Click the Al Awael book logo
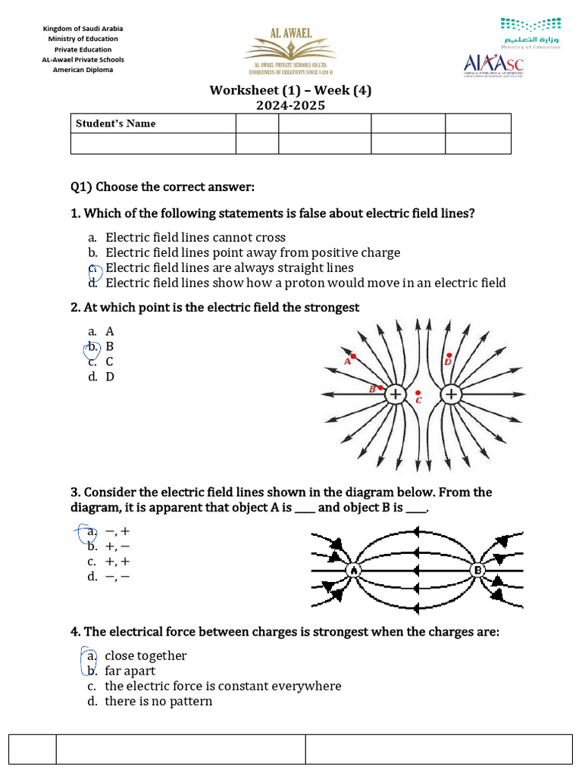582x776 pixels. (x=290, y=51)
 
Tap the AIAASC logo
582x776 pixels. (x=493, y=65)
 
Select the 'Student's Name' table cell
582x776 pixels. (x=152, y=124)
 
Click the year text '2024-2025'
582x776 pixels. (x=290, y=105)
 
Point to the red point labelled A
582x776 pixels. (x=353, y=355)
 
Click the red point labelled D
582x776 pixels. (x=449, y=355)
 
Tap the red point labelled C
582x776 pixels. (x=418, y=393)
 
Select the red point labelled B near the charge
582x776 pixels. (x=380, y=387)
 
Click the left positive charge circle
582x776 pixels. (x=395, y=394)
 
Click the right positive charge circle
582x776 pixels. (x=451, y=394)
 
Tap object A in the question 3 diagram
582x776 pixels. (x=354, y=570)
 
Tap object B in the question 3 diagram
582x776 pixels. (x=478, y=570)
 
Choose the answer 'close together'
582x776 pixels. (x=145, y=656)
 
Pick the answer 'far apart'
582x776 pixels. (x=130, y=671)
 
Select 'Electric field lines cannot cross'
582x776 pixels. (x=196, y=237)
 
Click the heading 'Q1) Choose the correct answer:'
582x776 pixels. (x=163, y=186)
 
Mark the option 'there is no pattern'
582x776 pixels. (x=158, y=701)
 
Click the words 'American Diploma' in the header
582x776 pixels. (x=83, y=70)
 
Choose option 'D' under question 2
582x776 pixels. (x=110, y=377)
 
